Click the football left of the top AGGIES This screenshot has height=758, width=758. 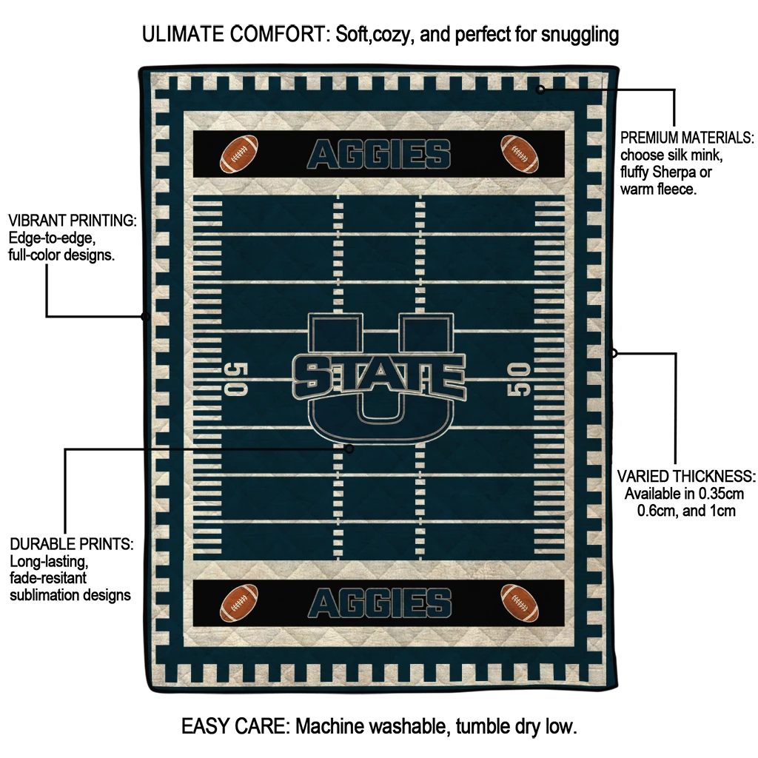(x=239, y=154)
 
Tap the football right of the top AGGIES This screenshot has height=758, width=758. (x=519, y=154)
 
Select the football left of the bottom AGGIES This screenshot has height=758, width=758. (x=239, y=603)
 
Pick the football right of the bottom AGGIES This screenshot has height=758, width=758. (x=519, y=603)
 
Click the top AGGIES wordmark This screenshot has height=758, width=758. (x=379, y=154)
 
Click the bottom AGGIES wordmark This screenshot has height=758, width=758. (x=380, y=603)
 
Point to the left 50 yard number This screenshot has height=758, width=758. (x=236, y=378)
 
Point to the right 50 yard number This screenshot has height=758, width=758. (x=518, y=380)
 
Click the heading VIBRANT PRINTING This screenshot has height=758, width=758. (x=73, y=221)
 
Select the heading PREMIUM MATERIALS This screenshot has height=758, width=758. (x=687, y=138)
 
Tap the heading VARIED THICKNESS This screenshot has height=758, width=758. (x=686, y=476)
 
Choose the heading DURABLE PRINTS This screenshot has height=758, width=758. (x=72, y=544)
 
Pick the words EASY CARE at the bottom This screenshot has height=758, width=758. (x=235, y=726)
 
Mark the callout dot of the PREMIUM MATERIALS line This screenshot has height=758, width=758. (x=540, y=89)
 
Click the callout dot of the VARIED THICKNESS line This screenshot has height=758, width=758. (x=614, y=353)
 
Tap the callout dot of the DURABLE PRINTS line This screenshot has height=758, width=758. (x=349, y=449)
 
